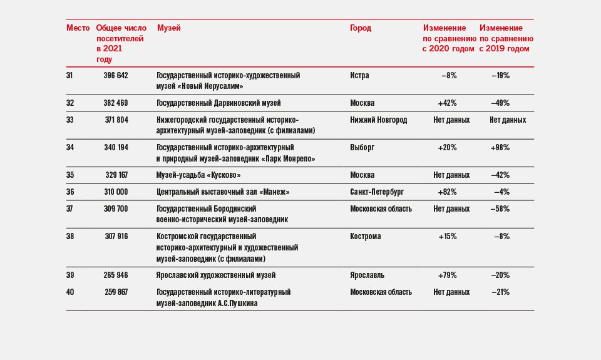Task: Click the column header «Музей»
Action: pyautogui.click(x=168, y=28)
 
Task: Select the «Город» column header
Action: pyautogui.click(x=361, y=28)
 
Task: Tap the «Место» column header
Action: pyautogui.click(x=78, y=28)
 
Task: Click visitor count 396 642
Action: pyautogui.click(x=116, y=76)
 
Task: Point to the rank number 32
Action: pyautogui.click(x=69, y=103)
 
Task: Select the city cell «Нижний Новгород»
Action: pyautogui.click(x=378, y=120)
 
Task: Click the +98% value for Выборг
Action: pyautogui.click(x=500, y=148)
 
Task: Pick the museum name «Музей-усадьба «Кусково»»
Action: pyautogui.click(x=198, y=175)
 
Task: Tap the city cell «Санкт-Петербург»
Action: pyautogui.click(x=377, y=192)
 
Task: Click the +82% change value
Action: pyautogui.click(x=447, y=192)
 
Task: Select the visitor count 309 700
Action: pyautogui.click(x=116, y=209)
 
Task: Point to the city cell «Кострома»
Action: pyautogui.click(x=365, y=237)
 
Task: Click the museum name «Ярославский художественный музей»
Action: pyautogui.click(x=216, y=275)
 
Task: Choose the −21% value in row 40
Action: pyautogui.click(x=500, y=292)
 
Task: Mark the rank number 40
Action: pyautogui.click(x=69, y=292)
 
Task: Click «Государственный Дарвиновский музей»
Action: pyautogui.click(x=218, y=103)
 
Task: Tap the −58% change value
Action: pyautogui.click(x=500, y=209)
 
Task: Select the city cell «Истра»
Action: pyautogui.click(x=359, y=76)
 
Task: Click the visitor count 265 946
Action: pyautogui.click(x=116, y=275)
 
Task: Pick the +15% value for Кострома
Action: pyautogui.click(x=447, y=237)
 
